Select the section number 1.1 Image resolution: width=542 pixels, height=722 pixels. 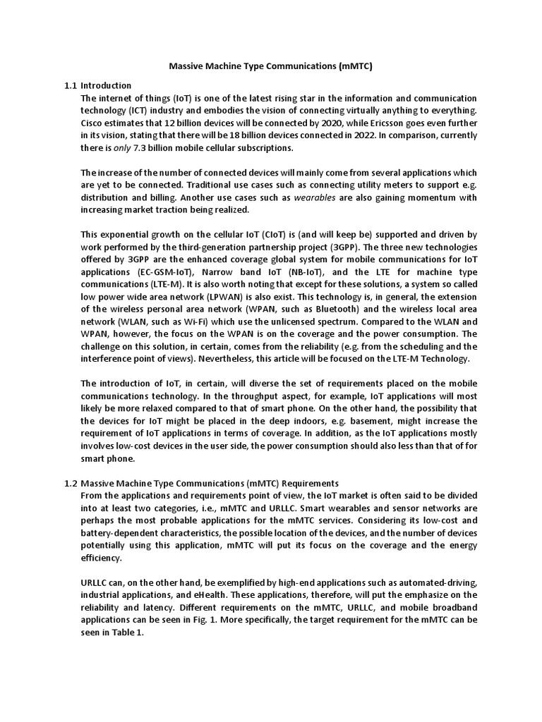(70, 85)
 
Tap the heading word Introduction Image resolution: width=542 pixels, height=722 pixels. (106, 85)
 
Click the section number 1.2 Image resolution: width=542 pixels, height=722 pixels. (70, 483)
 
